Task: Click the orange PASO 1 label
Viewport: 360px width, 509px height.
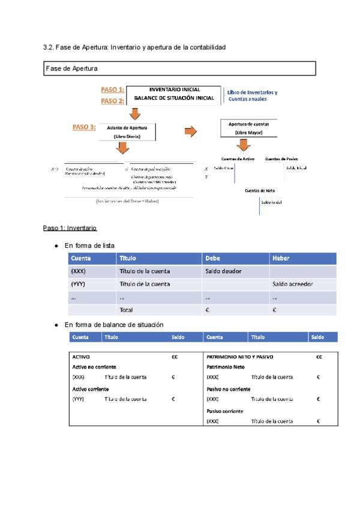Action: pos(112,89)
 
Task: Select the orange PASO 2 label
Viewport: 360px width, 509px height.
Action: pos(112,101)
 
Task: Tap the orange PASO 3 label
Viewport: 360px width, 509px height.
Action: pos(84,127)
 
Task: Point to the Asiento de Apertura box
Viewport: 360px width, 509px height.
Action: pos(130,132)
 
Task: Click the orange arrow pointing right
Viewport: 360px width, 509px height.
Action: pos(190,131)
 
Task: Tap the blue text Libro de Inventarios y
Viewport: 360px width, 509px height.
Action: pos(252,92)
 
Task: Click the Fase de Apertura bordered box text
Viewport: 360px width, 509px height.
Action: pos(72,68)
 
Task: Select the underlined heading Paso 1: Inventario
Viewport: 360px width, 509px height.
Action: pos(70,228)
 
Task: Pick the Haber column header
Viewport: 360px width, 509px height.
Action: pos(281,259)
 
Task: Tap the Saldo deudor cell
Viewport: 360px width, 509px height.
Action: pos(223,271)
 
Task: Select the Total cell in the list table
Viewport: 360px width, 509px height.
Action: pos(126,310)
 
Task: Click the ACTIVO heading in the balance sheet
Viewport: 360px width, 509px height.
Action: pos(81,357)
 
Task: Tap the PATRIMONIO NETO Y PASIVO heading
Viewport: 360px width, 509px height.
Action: pos(239,357)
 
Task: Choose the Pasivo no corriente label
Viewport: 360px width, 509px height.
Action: pos(229,389)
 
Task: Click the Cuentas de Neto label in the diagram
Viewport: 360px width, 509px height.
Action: pos(260,190)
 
